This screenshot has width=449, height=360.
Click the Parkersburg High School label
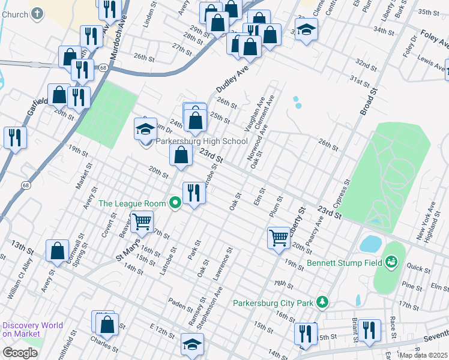(x=202, y=142)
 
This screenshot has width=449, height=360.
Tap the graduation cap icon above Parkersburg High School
(x=145, y=129)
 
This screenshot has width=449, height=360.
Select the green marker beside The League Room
(x=175, y=203)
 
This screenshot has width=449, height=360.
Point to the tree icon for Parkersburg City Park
(x=323, y=301)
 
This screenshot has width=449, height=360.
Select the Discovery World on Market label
(x=32, y=329)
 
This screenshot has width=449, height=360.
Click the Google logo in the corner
(x=20, y=353)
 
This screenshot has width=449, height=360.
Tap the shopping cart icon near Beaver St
(x=142, y=221)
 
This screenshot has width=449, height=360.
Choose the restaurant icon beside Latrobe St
(x=193, y=193)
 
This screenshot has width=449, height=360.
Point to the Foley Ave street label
(x=433, y=37)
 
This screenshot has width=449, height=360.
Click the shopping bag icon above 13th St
(x=57, y=251)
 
